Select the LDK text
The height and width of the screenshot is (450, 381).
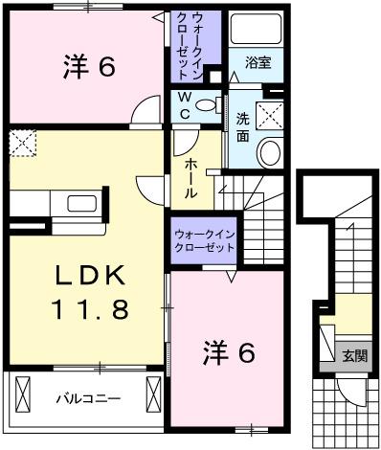click(89, 275)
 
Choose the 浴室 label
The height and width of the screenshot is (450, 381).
click(257, 65)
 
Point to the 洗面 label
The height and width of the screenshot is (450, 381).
click(243, 127)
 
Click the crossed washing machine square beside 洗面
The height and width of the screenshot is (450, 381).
click(272, 116)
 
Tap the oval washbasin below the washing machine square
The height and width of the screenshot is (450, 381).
click(270, 152)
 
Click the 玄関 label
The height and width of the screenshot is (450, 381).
click(355, 355)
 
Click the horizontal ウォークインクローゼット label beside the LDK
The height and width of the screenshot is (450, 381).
click(204, 240)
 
